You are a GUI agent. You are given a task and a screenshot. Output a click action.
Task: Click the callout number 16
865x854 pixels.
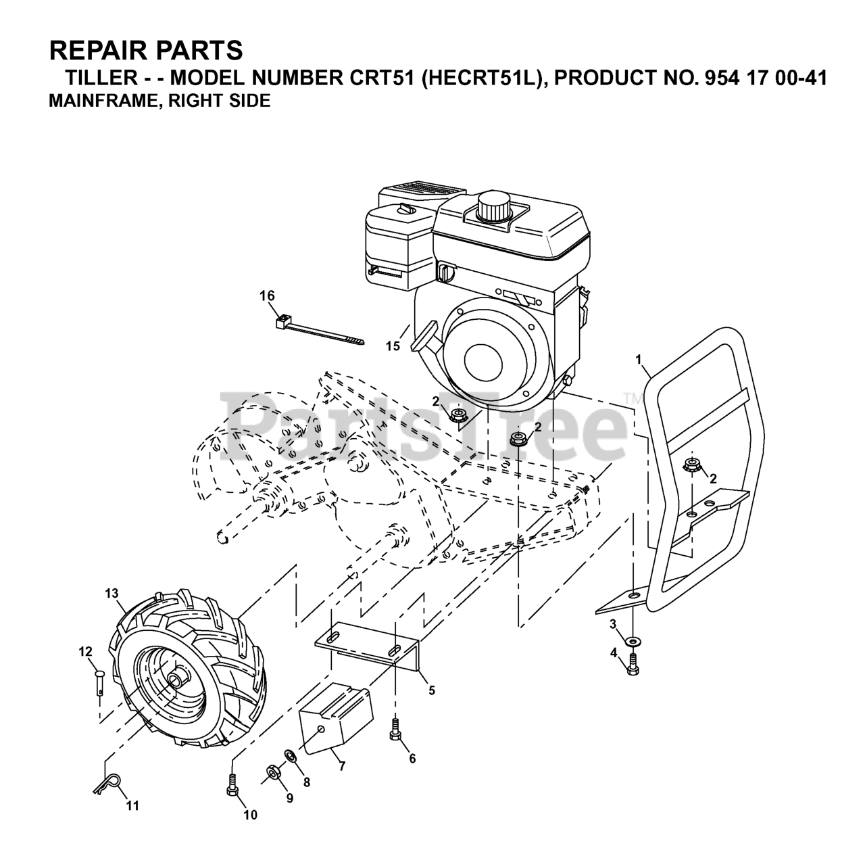[268, 295]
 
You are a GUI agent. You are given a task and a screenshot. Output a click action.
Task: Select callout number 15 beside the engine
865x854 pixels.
[393, 346]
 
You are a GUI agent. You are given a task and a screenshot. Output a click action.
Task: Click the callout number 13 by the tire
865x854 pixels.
[112, 593]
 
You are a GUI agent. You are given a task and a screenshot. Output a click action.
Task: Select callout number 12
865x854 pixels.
[85, 652]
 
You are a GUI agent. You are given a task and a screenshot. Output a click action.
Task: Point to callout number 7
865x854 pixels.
[343, 766]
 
